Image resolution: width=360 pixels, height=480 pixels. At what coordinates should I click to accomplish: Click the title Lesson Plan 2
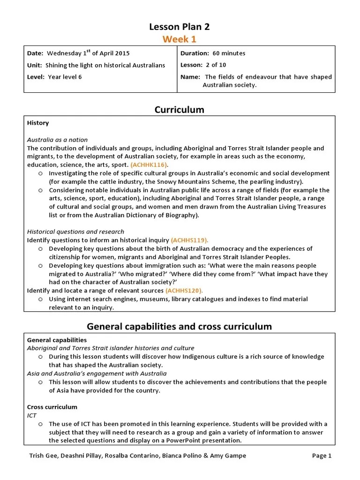[180, 27]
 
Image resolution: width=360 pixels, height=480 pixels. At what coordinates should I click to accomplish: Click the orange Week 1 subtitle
[180, 39]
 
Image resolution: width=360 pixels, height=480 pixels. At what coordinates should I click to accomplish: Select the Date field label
[35, 53]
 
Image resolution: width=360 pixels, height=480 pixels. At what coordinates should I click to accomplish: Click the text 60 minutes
[229, 53]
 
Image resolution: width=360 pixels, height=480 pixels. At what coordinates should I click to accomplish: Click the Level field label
[36, 77]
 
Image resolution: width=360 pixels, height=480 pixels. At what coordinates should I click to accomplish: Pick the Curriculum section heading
[180, 110]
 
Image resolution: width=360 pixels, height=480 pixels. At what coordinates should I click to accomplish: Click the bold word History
[38, 123]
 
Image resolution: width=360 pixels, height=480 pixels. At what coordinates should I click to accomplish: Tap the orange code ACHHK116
[149, 165]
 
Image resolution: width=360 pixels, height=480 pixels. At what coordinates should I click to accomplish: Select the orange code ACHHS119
[190, 240]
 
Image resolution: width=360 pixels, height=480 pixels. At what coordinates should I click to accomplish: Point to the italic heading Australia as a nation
[57, 140]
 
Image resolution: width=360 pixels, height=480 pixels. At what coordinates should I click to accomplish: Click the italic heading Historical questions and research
[75, 232]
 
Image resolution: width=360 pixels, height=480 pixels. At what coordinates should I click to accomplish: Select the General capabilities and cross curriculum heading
[180, 326]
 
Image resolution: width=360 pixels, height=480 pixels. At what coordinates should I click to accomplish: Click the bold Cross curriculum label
[52, 407]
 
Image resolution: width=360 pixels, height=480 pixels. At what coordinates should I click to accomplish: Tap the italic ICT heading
[32, 415]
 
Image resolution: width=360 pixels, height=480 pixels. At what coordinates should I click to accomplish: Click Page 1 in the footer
[322, 456]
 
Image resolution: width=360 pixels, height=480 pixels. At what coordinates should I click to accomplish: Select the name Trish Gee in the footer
[41, 456]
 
